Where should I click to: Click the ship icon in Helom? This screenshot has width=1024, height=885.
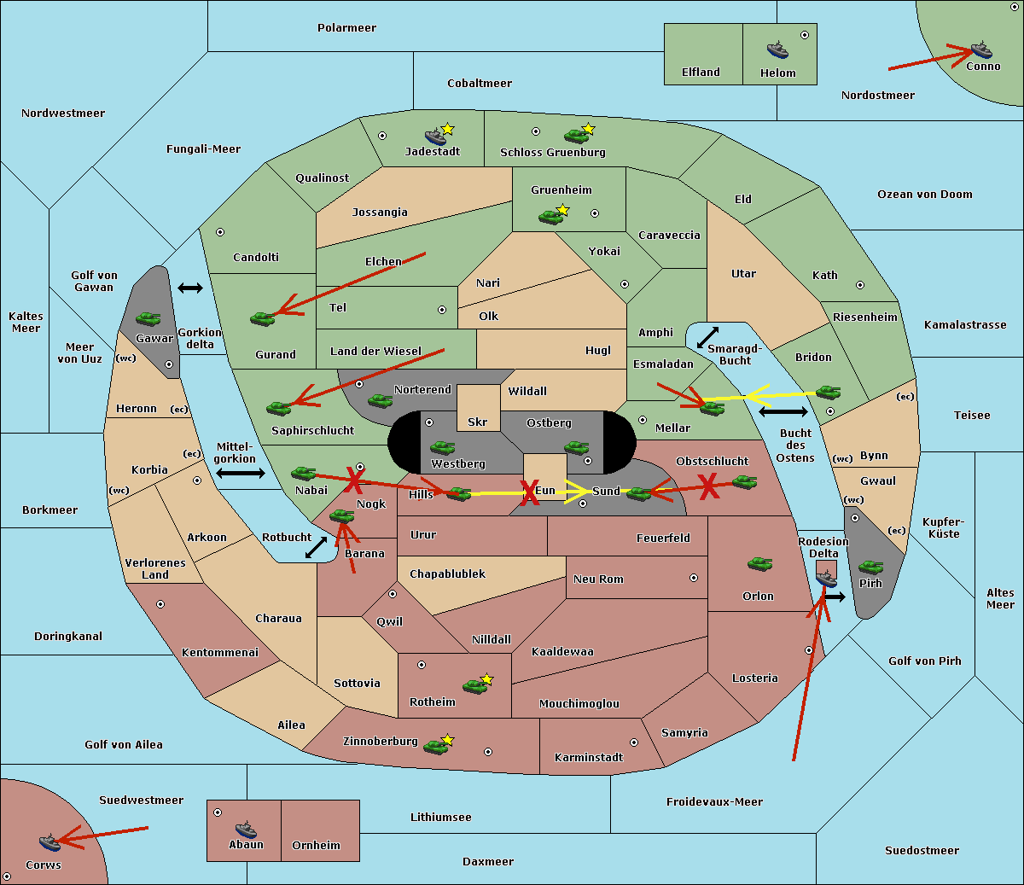[x=777, y=49]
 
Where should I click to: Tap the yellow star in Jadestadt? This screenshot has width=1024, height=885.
[x=447, y=129]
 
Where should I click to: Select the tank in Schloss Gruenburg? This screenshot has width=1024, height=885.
[x=576, y=136]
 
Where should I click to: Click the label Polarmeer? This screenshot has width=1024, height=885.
[x=346, y=28]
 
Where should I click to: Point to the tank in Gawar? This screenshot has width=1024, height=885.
[x=148, y=318]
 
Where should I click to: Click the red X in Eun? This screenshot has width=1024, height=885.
[x=529, y=492]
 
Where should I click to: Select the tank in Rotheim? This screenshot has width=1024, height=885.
[x=474, y=686]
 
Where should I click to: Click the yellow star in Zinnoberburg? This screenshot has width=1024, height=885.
[x=447, y=740]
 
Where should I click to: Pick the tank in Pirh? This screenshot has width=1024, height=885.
[x=870, y=567]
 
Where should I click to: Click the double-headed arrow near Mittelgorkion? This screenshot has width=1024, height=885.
[x=241, y=473]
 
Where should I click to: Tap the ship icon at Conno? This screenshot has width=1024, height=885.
[x=980, y=49]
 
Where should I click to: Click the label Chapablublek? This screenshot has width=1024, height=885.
[x=447, y=574]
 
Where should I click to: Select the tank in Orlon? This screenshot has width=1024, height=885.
[x=760, y=564]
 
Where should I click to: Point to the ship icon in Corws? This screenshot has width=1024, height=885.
[x=49, y=842]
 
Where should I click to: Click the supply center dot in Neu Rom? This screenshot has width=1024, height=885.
[x=694, y=578]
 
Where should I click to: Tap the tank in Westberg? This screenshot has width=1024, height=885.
[x=442, y=447]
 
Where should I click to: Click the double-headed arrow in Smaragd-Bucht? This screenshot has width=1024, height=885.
[x=707, y=337]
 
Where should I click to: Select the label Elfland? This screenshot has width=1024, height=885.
[x=701, y=73]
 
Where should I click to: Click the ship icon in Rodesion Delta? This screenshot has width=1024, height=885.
[x=826, y=578]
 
